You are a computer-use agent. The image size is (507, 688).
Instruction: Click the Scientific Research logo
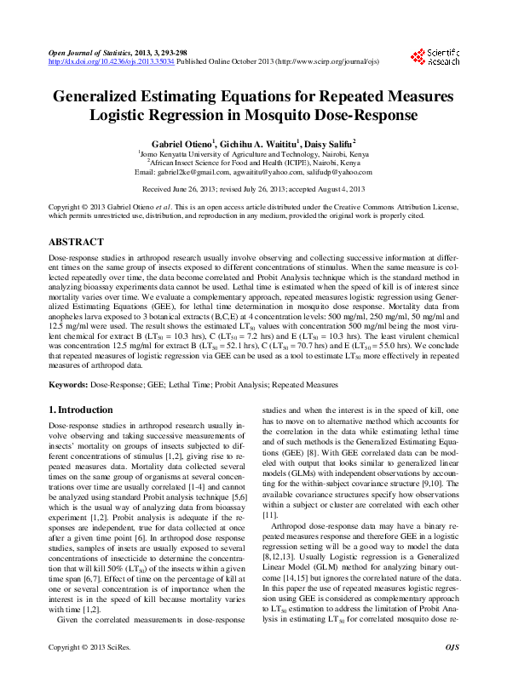pyautogui.click(x=435, y=57)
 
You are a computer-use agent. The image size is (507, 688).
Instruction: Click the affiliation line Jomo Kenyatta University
pyautogui.click(x=255, y=153)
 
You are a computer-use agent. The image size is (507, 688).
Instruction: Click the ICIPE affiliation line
pyautogui.click(x=255, y=162)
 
